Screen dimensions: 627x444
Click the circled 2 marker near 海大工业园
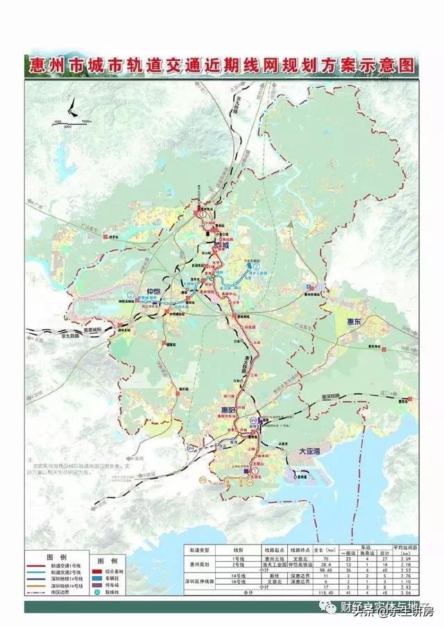tap(256, 265)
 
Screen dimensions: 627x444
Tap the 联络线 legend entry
tap(115, 593)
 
